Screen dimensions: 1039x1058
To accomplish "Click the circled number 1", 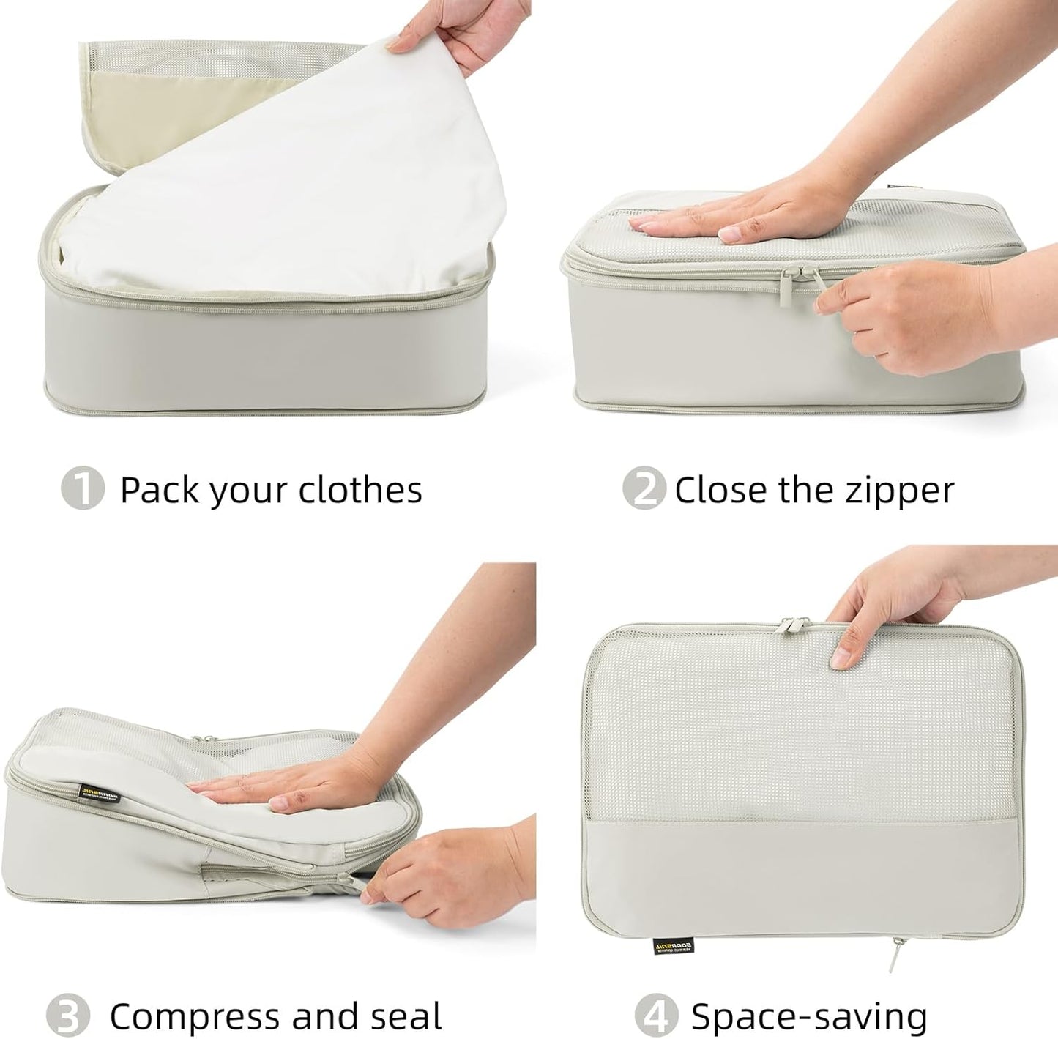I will point(82,488).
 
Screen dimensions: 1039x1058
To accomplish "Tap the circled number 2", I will point(643,488).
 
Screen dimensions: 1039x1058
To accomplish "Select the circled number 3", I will point(67,1016).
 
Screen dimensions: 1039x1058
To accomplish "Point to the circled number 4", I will point(655,1016).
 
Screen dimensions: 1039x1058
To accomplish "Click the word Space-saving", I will point(809,1016).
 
